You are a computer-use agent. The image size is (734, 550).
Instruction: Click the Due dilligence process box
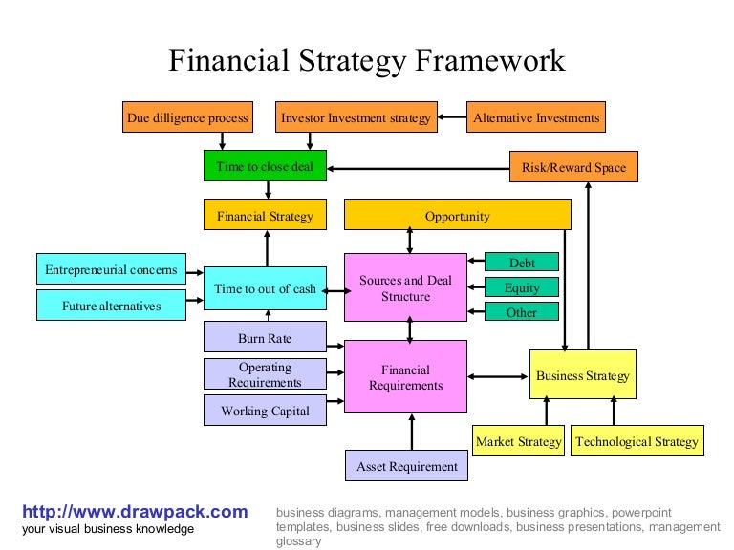coord(187,118)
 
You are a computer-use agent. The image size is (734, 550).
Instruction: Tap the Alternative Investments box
coord(536,118)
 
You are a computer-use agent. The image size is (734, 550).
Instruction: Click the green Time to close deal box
coord(265,166)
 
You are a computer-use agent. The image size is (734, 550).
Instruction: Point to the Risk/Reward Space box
coord(573,167)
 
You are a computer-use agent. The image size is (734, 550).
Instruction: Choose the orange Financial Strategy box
coord(265,216)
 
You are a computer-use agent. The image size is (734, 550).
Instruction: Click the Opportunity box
coord(457,216)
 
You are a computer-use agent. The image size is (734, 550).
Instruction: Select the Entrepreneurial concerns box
coord(111,269)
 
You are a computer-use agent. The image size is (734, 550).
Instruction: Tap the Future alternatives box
coord(111,306)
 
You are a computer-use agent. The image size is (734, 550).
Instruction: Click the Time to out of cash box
coord(265,288)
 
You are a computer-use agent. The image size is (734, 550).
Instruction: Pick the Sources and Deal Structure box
coord(405,288)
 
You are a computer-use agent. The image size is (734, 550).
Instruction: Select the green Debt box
coord(522,263)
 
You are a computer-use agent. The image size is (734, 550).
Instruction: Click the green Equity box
coord(522,287)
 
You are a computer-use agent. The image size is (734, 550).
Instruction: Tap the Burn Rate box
coord(265,338)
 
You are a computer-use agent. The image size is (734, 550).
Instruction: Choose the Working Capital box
coord(265,411)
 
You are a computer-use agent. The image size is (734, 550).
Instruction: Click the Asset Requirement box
coord(407,466)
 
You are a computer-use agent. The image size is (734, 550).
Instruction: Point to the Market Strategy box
coord(519,441)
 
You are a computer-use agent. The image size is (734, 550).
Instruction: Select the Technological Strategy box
coord(637,441)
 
